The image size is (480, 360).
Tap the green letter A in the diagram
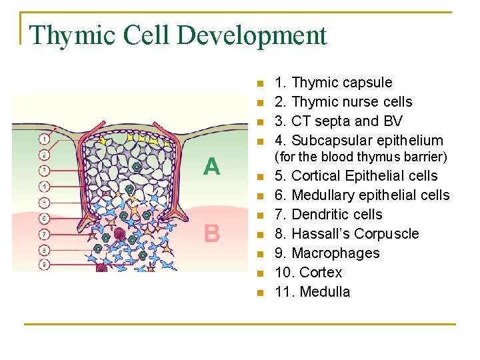click(x=211, y=166)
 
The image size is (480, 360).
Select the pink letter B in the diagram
click(x=211, y=233)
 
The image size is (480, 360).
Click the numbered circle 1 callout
click(x=44, y=139)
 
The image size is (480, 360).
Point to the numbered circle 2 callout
click(x=44, y=155)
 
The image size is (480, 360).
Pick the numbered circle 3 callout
click(x=44, y=171)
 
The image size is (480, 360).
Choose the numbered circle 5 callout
click(x=44, y=202)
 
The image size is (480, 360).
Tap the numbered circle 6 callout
click(x=44, y=218)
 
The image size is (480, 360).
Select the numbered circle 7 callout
click(x=44, y=234)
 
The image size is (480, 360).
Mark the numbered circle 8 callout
click(x=44, y=250)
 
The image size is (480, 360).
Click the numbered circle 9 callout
click(x=44, y=265)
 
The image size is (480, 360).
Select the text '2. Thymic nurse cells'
click(x=343, y=102)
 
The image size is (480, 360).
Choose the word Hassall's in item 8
click(x=322, y=234)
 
